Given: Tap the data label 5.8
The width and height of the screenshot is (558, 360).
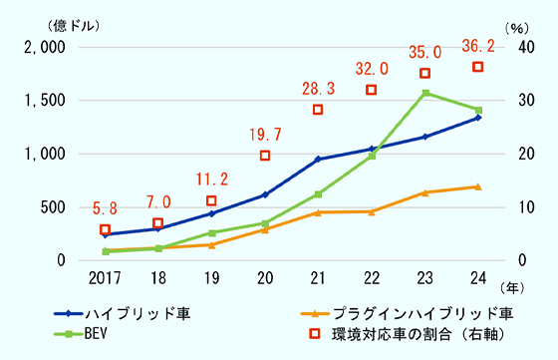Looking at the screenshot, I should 105,209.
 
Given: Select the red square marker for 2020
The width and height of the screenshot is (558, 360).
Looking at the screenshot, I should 265,156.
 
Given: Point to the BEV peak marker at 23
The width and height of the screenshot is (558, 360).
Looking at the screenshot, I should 424,93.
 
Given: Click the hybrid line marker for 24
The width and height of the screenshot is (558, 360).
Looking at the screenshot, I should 478,118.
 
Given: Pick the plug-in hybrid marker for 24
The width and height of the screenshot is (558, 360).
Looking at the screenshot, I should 478,186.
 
